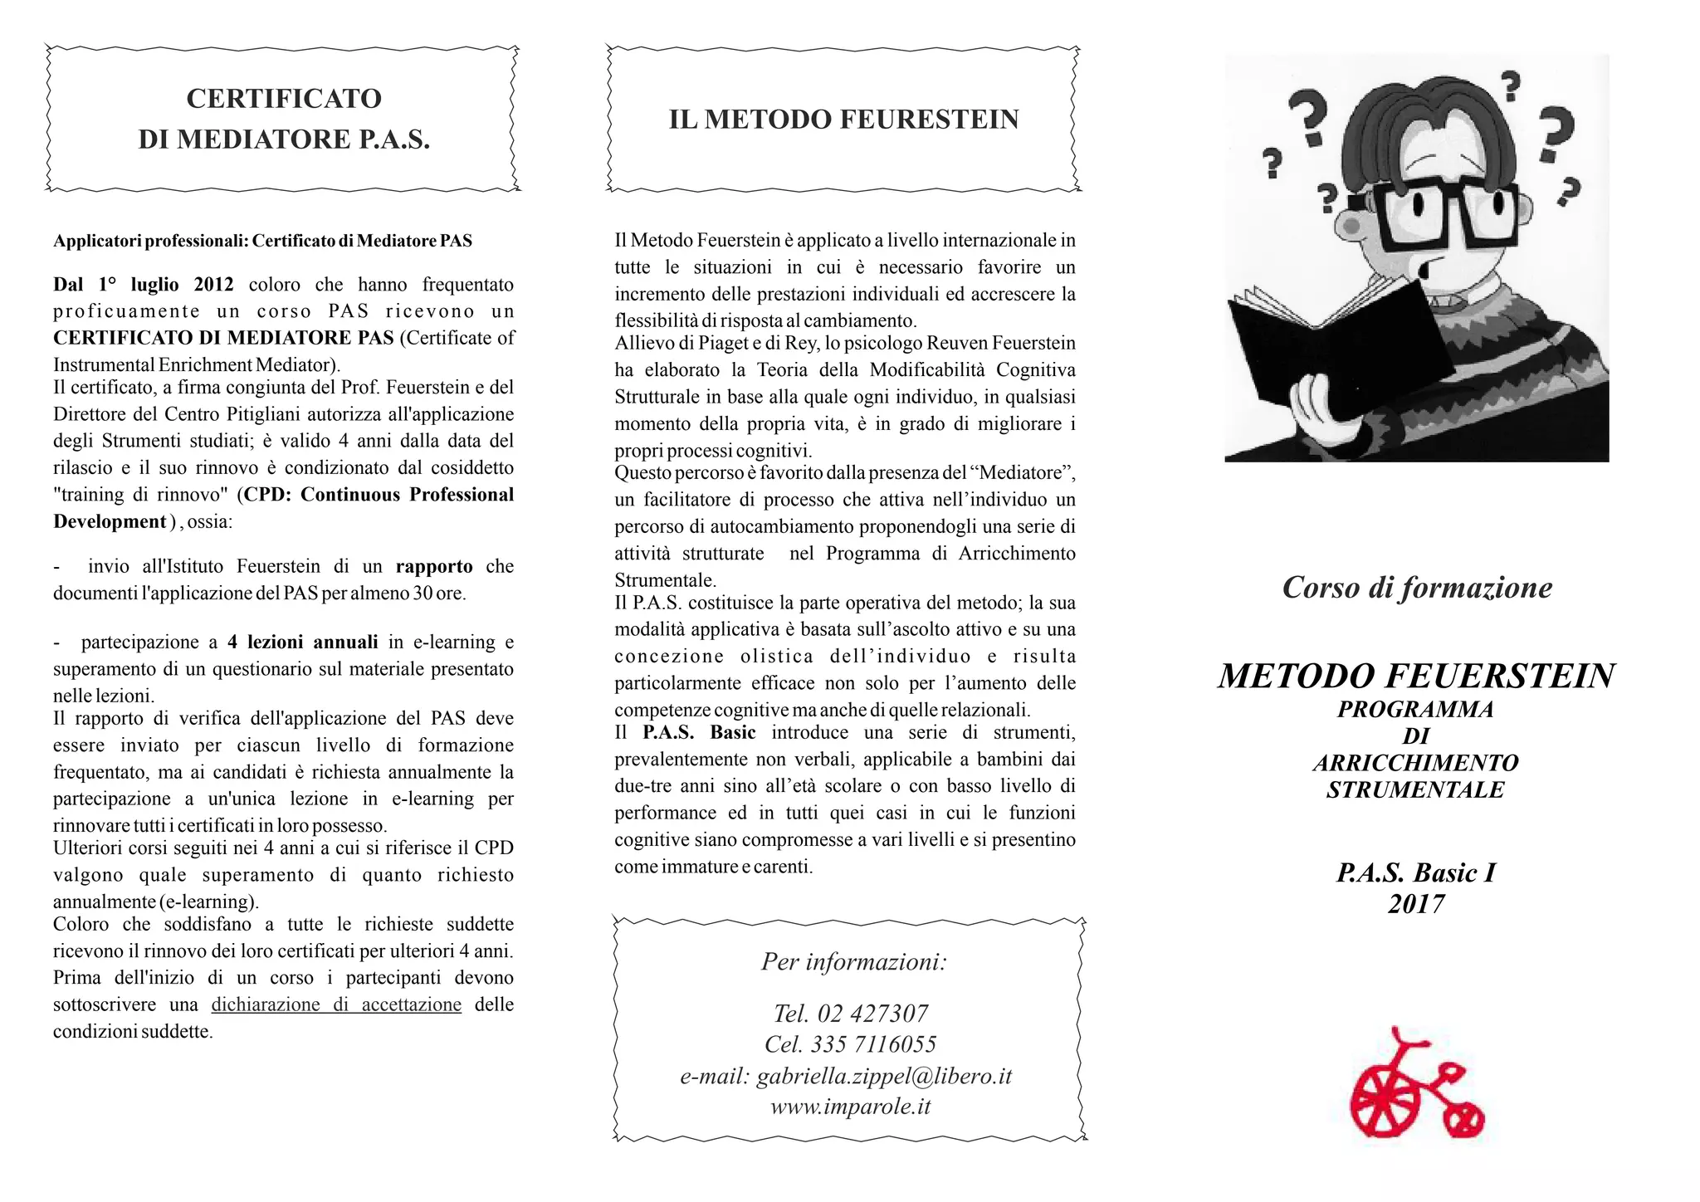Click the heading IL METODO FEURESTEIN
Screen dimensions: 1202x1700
(x=843, y=120)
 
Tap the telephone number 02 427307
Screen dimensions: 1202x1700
(x=872, y=1014)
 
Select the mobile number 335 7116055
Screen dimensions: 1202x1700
(x=873, y=1044)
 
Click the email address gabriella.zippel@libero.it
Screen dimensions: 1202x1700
(x=884, y=1076)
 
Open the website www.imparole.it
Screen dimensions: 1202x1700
(x=850, y=1107)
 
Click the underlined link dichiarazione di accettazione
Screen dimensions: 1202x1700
(x=336, y=1004)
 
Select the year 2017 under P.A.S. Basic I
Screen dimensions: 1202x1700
(x=1416, y=904)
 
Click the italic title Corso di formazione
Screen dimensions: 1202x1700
(x=1417, y=588)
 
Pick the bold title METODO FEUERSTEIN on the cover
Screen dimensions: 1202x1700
(x=1416, y=676)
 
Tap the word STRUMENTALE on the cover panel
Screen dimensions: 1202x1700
(x=1415, y=789)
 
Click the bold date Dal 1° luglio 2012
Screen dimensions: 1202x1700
(x=144, y=285)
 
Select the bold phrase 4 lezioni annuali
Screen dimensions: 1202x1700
(x=303, y=642)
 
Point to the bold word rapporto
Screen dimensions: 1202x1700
(x=434, y=566)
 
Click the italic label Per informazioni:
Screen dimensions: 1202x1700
(x=854, y=962)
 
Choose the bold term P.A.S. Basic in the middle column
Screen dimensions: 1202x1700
(x=699, y=732)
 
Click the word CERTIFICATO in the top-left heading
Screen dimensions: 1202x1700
(x=284, y=99)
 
